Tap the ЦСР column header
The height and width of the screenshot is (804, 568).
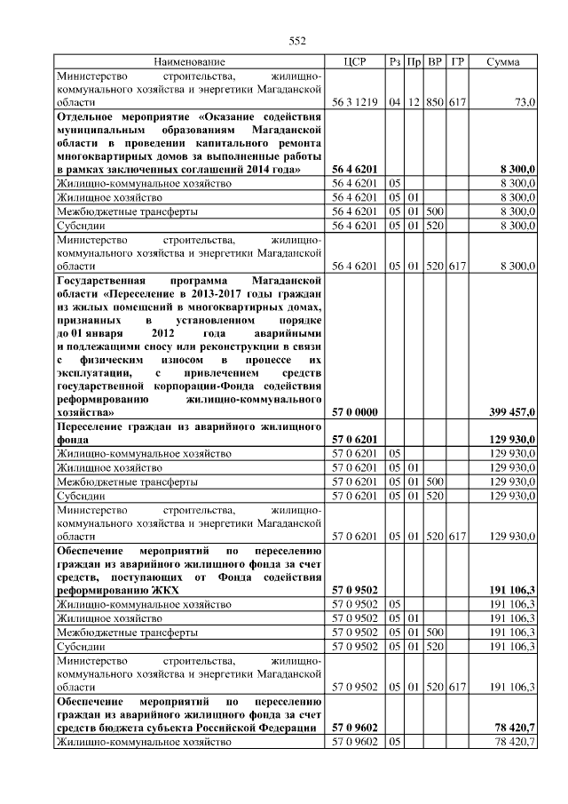pyautogui.click(x=354, y=62)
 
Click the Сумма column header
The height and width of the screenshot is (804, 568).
pyautogui.click(x=503, y=62)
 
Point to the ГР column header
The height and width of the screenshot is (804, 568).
pyautogui.click(x=457, y=62)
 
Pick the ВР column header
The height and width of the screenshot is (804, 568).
pyautogui.click(x=435, y=62)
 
